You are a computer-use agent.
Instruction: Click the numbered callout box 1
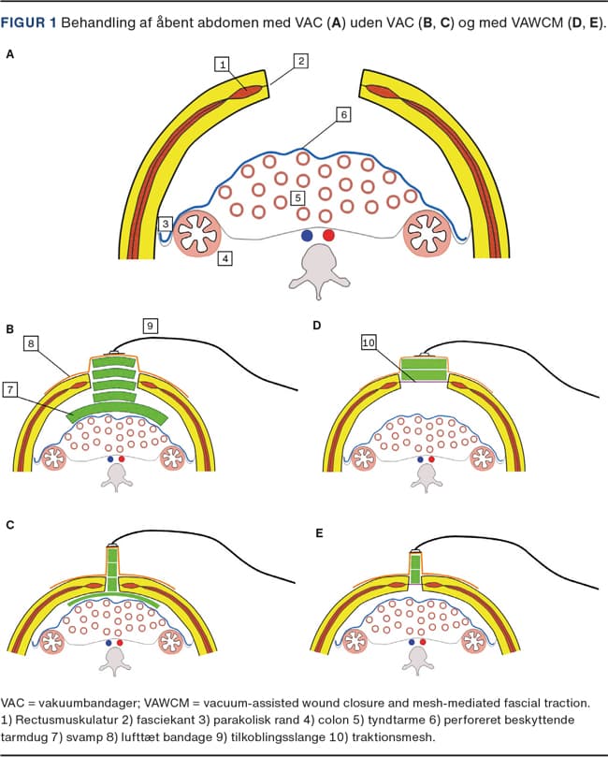click(x=222, y=65)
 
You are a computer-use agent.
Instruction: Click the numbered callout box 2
click(x=300, y=61)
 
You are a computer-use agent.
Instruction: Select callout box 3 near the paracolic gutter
click(x=166, y=225)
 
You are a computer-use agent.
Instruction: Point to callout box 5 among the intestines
click(x=297, y=198)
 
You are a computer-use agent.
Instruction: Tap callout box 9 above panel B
click(x=150, y=326)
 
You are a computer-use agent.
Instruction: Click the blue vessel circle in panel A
click(x=307, y=236)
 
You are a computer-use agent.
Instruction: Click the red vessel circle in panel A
click(x=327, y=236)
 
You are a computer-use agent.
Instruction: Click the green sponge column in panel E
click(x=414, y=569)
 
